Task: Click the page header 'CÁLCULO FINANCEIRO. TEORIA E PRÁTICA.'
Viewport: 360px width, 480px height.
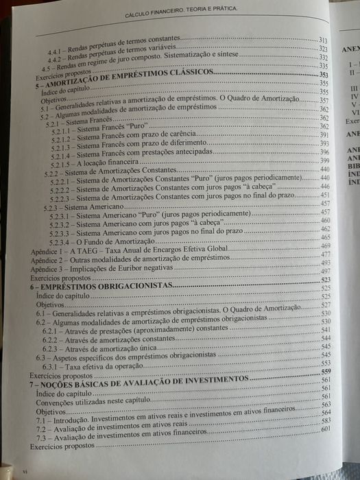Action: [181, 14]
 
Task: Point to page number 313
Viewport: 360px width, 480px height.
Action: [324, 41]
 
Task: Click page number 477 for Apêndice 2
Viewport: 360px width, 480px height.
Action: [326, 254]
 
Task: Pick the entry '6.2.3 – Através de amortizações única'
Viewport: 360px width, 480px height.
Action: [104, 349]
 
